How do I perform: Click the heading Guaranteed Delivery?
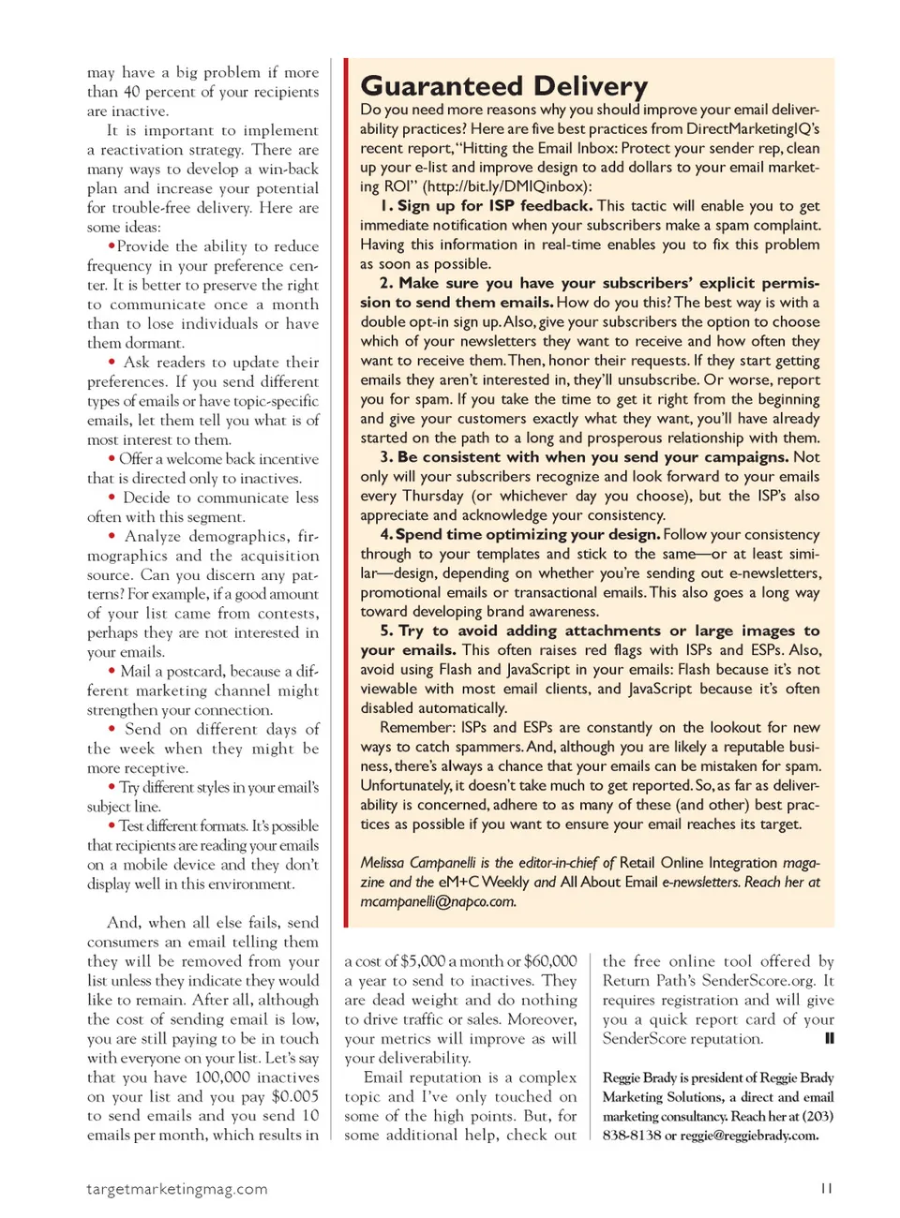click(x=503, y=86)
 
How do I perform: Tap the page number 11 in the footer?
click(x=826, y=1188)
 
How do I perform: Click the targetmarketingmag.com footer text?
click(x=177, y=1189)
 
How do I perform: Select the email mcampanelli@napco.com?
click(x=438, y=901)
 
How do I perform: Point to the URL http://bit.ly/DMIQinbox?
click(x=507, y=186)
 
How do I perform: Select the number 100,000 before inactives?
click(x=224, y=1077)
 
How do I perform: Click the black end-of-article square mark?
click(x=829, y=1038)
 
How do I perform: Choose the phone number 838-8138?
click(x=632, y=1136)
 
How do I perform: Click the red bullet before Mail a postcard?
click(x=112, y=671)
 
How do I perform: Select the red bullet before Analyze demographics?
click(x=112, y=536)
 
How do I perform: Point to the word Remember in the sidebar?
click(x=414, y=727)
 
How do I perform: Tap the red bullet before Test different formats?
click(x=112, y=825)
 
